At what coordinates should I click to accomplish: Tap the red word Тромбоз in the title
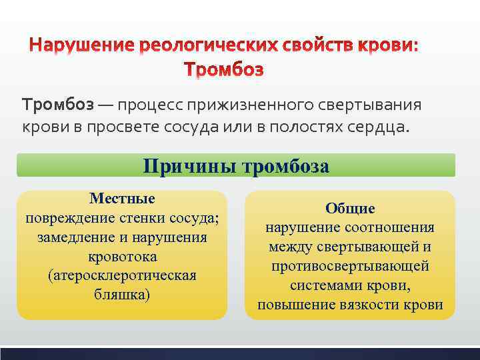pos(223,69)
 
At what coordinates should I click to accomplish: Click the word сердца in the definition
pos(379,127)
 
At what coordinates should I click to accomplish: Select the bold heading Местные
pos(122,199)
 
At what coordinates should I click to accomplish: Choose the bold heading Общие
pos(350,209)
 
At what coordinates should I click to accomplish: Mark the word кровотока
pos(122,257)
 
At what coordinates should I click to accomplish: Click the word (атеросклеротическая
pos(122,276)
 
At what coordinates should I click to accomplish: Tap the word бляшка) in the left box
pos(122,295)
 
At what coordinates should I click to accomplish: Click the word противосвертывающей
pos(350,266)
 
